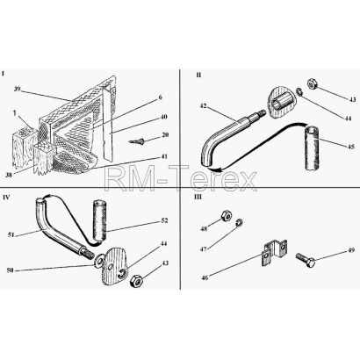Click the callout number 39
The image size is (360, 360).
point(18,89)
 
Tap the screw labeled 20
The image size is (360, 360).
point(136,141)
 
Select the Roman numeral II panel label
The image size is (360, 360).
point(198,75)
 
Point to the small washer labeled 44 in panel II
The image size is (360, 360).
point(299,91)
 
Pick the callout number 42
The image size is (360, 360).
point(203,106)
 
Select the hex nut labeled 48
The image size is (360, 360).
point(227,215)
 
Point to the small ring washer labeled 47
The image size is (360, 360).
point(240,222)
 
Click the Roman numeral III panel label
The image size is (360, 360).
point(198,197)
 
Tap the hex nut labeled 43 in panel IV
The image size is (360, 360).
point(136,281)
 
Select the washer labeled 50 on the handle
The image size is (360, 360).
point(99,260)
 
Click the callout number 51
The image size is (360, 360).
point(12,234)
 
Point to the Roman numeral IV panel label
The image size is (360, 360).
point(6,197)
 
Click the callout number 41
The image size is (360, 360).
point(164,156)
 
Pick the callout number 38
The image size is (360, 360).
point(9,176)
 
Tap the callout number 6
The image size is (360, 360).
point(160,97)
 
